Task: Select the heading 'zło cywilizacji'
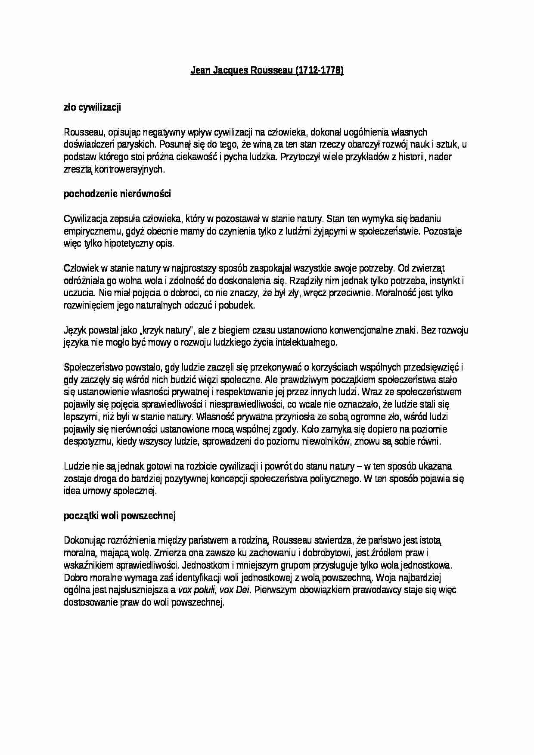(92, 107)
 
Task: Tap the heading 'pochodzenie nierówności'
(117, 194)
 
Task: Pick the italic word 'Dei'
(243, 590)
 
